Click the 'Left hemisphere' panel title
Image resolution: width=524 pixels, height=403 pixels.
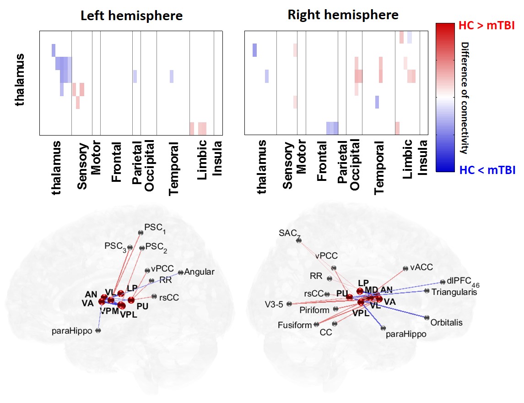tap(131, 16)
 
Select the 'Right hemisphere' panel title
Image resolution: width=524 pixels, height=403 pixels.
tap(343, 15)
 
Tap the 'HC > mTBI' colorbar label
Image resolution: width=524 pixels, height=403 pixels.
tap(486, 26)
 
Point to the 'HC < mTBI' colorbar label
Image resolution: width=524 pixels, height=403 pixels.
tap(486, 170)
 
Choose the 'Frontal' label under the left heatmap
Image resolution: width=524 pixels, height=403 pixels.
tap(116, 156)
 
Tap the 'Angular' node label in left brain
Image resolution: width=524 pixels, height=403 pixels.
tap(200, 272)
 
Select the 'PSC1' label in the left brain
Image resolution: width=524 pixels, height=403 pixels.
tap(155, 227)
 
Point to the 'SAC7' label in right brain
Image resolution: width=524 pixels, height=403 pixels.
tap(289, 234)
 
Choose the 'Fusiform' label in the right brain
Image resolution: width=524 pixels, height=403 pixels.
tap(294, 325)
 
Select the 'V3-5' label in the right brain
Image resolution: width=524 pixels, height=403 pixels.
tap(274, 304)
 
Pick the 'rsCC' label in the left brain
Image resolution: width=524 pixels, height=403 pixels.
tap(169, 297)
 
